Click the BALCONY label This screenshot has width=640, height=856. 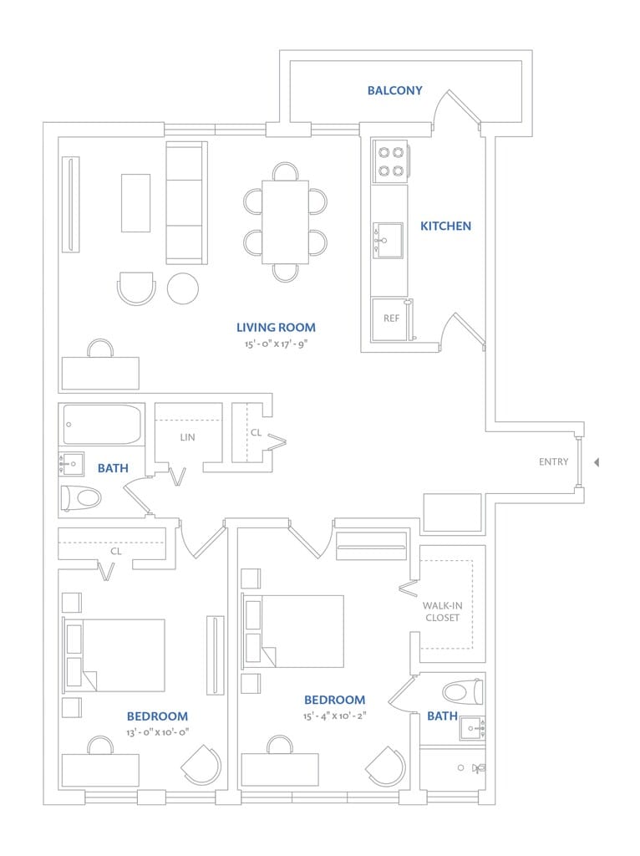click(394, 90)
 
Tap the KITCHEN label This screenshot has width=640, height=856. click(445, 226)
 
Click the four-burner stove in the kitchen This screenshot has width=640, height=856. click(390, 161)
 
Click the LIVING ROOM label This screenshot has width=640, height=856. click(276, 328)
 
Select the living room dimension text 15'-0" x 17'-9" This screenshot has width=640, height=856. click(276, 344)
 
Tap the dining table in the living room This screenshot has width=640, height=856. click(285, 222)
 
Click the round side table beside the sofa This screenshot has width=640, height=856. click(183, 288)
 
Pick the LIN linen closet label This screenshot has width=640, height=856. click(188, 437)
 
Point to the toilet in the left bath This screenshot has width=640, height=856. click(80, 498)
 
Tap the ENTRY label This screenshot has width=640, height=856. click(553, 462)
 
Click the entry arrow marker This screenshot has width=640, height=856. click(597, 462)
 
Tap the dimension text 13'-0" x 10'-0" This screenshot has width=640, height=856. click(158, 732)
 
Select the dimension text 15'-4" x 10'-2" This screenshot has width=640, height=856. click(335, 716)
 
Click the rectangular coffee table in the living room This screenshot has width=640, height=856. click(135, 202)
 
